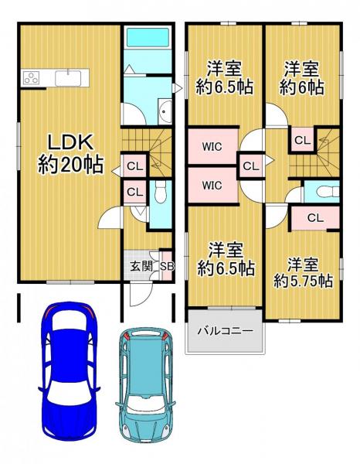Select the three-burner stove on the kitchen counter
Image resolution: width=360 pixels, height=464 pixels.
tap(32, 77)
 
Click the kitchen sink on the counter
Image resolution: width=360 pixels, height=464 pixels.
tap(72, 77)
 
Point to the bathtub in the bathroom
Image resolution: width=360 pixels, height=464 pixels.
tap(147, 38)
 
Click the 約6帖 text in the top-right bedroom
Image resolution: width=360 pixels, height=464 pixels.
tap(302, 87)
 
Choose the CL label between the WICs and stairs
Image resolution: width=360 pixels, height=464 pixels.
tap(250, 165)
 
